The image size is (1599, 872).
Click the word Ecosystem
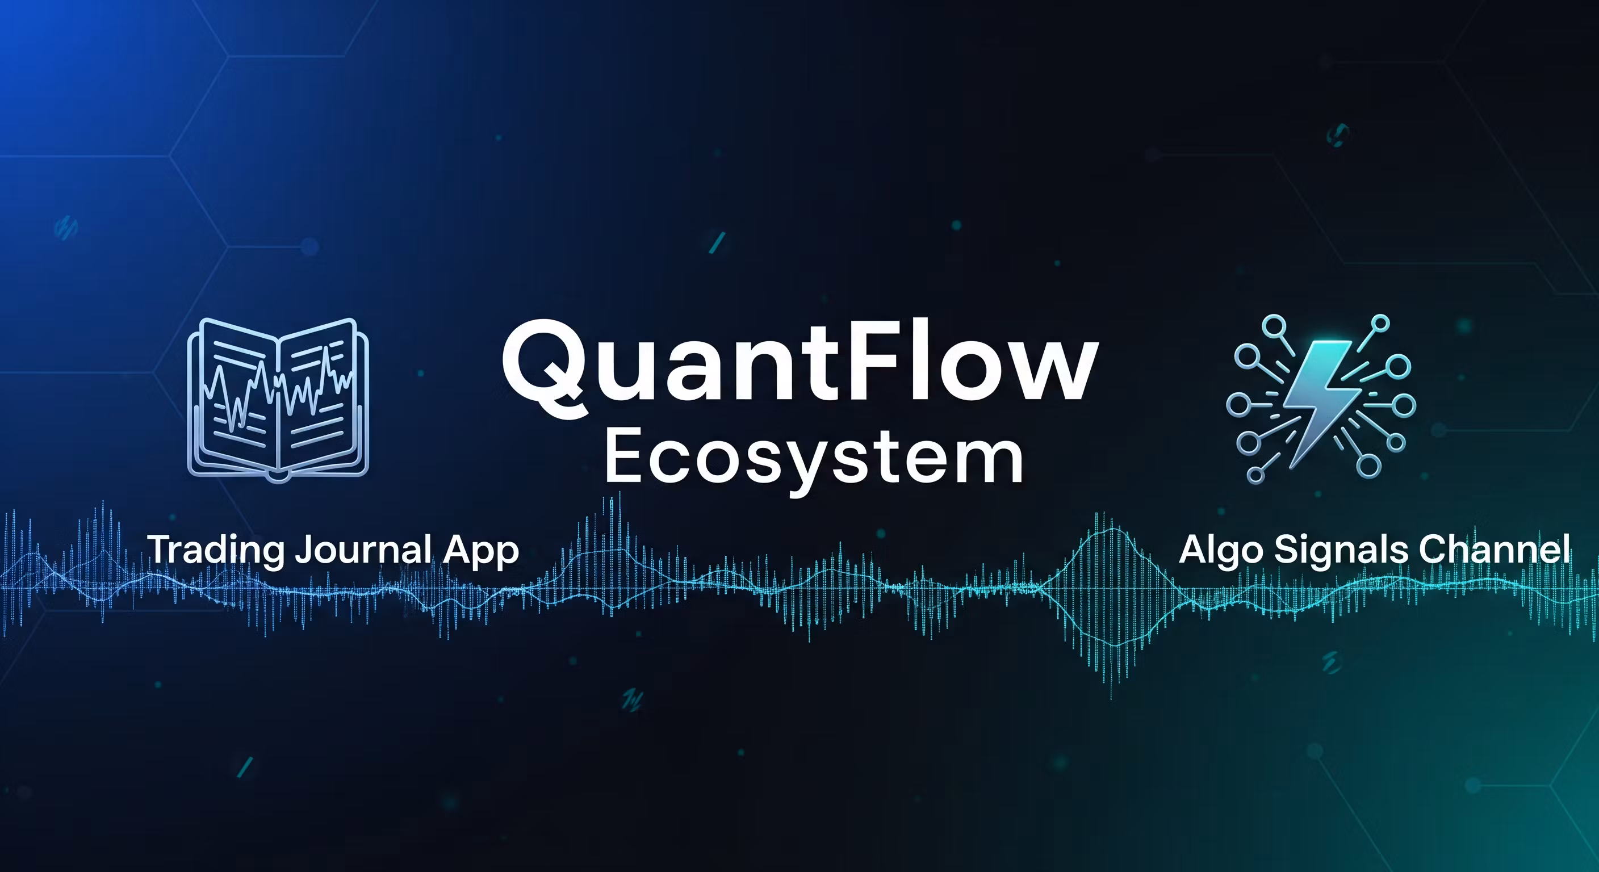click(x=813, y=458)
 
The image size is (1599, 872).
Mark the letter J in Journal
click(x=303, y=550)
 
